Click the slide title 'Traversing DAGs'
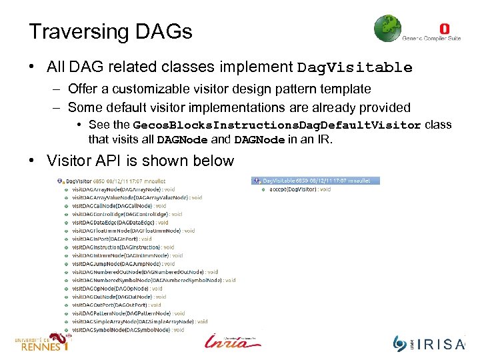point(111,31)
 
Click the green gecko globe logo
point(387,29)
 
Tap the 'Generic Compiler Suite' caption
point(431,39)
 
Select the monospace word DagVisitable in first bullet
point(355,68)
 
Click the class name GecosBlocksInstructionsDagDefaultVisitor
point(277,125)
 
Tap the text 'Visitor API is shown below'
point(140,161)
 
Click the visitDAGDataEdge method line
point(120,223)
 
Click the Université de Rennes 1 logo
point(41,343)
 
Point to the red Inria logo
point(233,341)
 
